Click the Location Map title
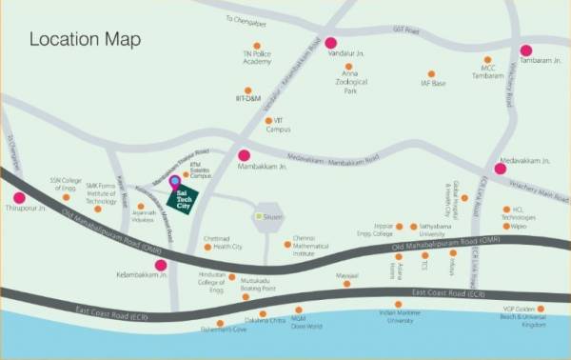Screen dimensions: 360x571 [85, 40]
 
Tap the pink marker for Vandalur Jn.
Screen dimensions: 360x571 [331, 42]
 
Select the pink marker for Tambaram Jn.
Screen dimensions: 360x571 [525, 50]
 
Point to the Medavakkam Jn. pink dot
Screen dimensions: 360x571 [500, 169]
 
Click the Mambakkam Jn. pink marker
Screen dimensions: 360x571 [244, 155]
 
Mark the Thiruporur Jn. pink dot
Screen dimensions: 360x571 [18, 198]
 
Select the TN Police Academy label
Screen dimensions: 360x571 [257, 56]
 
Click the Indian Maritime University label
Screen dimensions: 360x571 [400, 317]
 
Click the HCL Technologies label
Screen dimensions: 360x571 [526, 213]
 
